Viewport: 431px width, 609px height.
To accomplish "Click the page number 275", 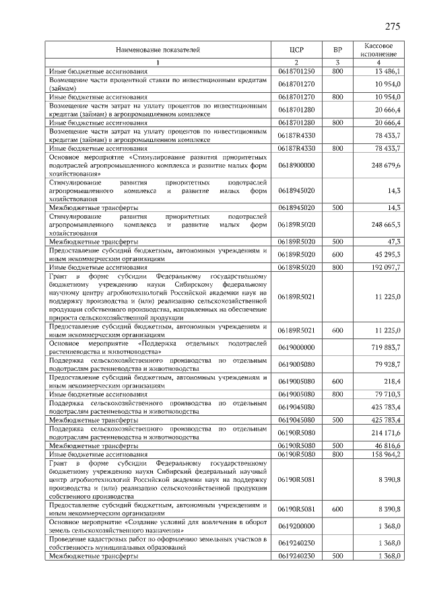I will pyautogui.click(x=393, y=27).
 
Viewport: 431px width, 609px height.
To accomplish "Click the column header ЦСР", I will pyautogui.click(x=296, y=50).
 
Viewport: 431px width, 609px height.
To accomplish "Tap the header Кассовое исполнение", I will pyautogui.click(x=383, y=49).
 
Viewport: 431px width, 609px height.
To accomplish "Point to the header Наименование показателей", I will pyautogui.click(x=158, y=50).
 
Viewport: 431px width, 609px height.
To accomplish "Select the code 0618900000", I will pyautogui.click(x=296, y=165).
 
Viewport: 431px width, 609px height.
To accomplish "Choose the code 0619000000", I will pyautogui.click(x=296, y=347).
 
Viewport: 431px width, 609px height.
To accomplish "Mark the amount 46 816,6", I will pyautogui.click(x=388, y=446).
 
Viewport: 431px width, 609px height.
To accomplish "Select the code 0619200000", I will pyautogui.click(x=296, y=526).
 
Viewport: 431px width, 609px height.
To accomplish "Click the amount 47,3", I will pyautogui.click(x=394, y=240).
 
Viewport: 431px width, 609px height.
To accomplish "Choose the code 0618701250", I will pyautogui.click(x=296, y=71).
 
